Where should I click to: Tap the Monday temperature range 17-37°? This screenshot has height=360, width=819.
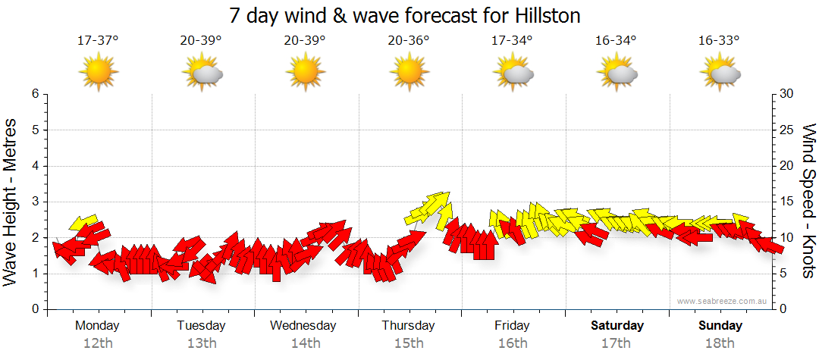(x=98, y=41)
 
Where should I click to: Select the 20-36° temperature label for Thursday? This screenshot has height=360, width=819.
(x=409, y=41)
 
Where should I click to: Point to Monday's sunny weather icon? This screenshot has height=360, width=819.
(x=99, y=73)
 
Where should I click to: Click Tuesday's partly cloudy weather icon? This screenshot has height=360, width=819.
(x=202, y=73)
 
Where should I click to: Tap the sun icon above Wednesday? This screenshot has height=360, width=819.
(x=306, y=73)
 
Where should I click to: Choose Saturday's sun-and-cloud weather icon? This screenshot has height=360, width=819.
(x=617, y=73)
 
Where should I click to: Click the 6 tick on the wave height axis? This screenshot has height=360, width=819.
(x=35, y=94)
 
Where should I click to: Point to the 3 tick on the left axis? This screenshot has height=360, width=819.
(x=35, y=202)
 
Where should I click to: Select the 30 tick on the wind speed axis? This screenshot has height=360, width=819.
(x=787, y=94)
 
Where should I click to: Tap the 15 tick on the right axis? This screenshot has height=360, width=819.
(x=787, y=202)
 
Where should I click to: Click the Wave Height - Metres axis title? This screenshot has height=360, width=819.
(x=11, y=202)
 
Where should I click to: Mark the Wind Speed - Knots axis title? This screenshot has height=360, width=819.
(x=808, y=202)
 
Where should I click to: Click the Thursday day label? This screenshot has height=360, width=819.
(x=409, y=326)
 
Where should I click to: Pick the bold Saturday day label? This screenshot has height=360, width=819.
(x=617, y=326)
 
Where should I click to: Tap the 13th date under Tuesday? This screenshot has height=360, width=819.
(x=202, y=343)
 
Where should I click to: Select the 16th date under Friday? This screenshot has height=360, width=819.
(x=513, y=343)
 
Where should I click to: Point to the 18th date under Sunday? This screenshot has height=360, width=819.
(x=720, y=343)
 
